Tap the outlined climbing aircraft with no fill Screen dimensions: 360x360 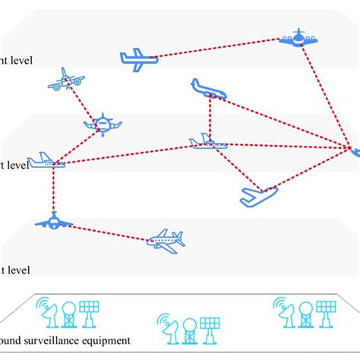[x=257, y=196]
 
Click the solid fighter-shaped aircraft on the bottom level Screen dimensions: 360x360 [x=53, y=221]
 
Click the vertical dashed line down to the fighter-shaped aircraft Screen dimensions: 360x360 [x=53, y=190]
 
